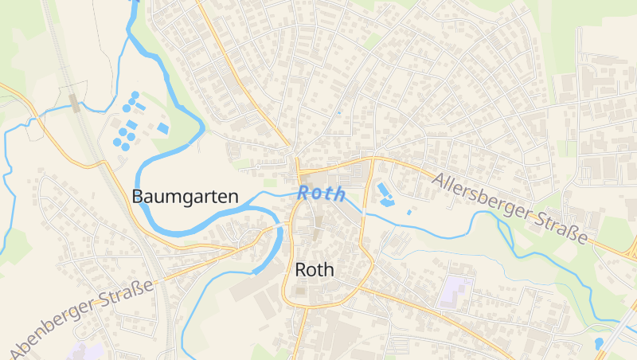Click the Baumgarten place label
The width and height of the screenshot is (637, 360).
point(186,196)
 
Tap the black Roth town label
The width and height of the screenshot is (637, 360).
point(315,270)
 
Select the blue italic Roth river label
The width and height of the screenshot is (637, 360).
point(322,193)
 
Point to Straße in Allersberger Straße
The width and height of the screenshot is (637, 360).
point(561,226)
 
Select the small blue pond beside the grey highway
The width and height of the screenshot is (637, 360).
point(599,343)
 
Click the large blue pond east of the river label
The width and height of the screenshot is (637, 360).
point(385,194)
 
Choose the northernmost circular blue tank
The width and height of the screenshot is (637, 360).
point(135,96)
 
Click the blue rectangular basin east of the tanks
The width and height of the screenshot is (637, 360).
point(163,128)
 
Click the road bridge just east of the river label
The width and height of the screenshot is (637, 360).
point(362,213)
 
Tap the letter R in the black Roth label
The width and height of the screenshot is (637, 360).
point(300,270)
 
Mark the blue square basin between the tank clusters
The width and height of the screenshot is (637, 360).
point(131,124)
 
